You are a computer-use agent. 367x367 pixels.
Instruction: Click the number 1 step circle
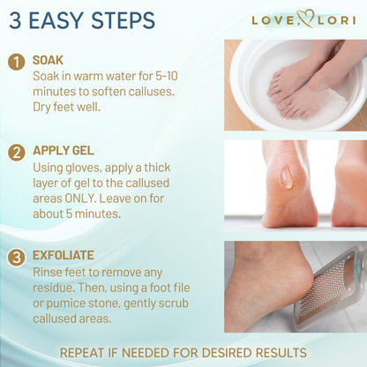[16, 62]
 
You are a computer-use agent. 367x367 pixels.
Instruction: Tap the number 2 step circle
[16, 152]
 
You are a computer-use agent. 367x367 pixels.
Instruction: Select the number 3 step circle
[16, 258]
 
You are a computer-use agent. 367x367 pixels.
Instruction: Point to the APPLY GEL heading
[63, 151]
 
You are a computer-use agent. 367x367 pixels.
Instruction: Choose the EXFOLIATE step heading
[64, 255]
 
